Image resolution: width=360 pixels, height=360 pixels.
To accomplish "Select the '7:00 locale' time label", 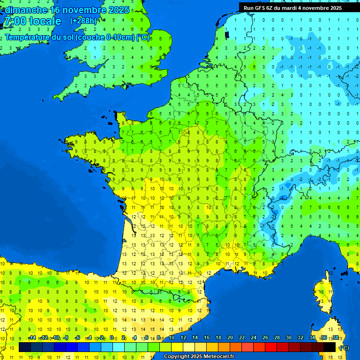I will point(33,21).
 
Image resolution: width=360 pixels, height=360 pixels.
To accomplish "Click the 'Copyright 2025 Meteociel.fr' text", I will point(199,357).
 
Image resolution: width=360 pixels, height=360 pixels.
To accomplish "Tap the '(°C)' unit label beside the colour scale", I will point(344,347).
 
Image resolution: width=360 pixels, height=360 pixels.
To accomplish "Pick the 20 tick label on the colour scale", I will point(230,338).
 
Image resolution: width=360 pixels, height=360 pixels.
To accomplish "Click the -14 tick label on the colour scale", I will point(32,338).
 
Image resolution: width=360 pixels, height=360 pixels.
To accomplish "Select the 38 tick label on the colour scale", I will point(335,338).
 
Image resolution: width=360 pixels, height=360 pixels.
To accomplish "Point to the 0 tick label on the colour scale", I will point(112,338).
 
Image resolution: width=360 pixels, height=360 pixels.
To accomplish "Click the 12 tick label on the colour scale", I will point(183,338).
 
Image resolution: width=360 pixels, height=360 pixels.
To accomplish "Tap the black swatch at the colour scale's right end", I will point(330,347).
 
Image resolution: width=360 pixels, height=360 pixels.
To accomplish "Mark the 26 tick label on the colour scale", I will point(265,338).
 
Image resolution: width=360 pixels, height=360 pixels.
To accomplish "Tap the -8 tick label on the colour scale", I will point(66,338).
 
